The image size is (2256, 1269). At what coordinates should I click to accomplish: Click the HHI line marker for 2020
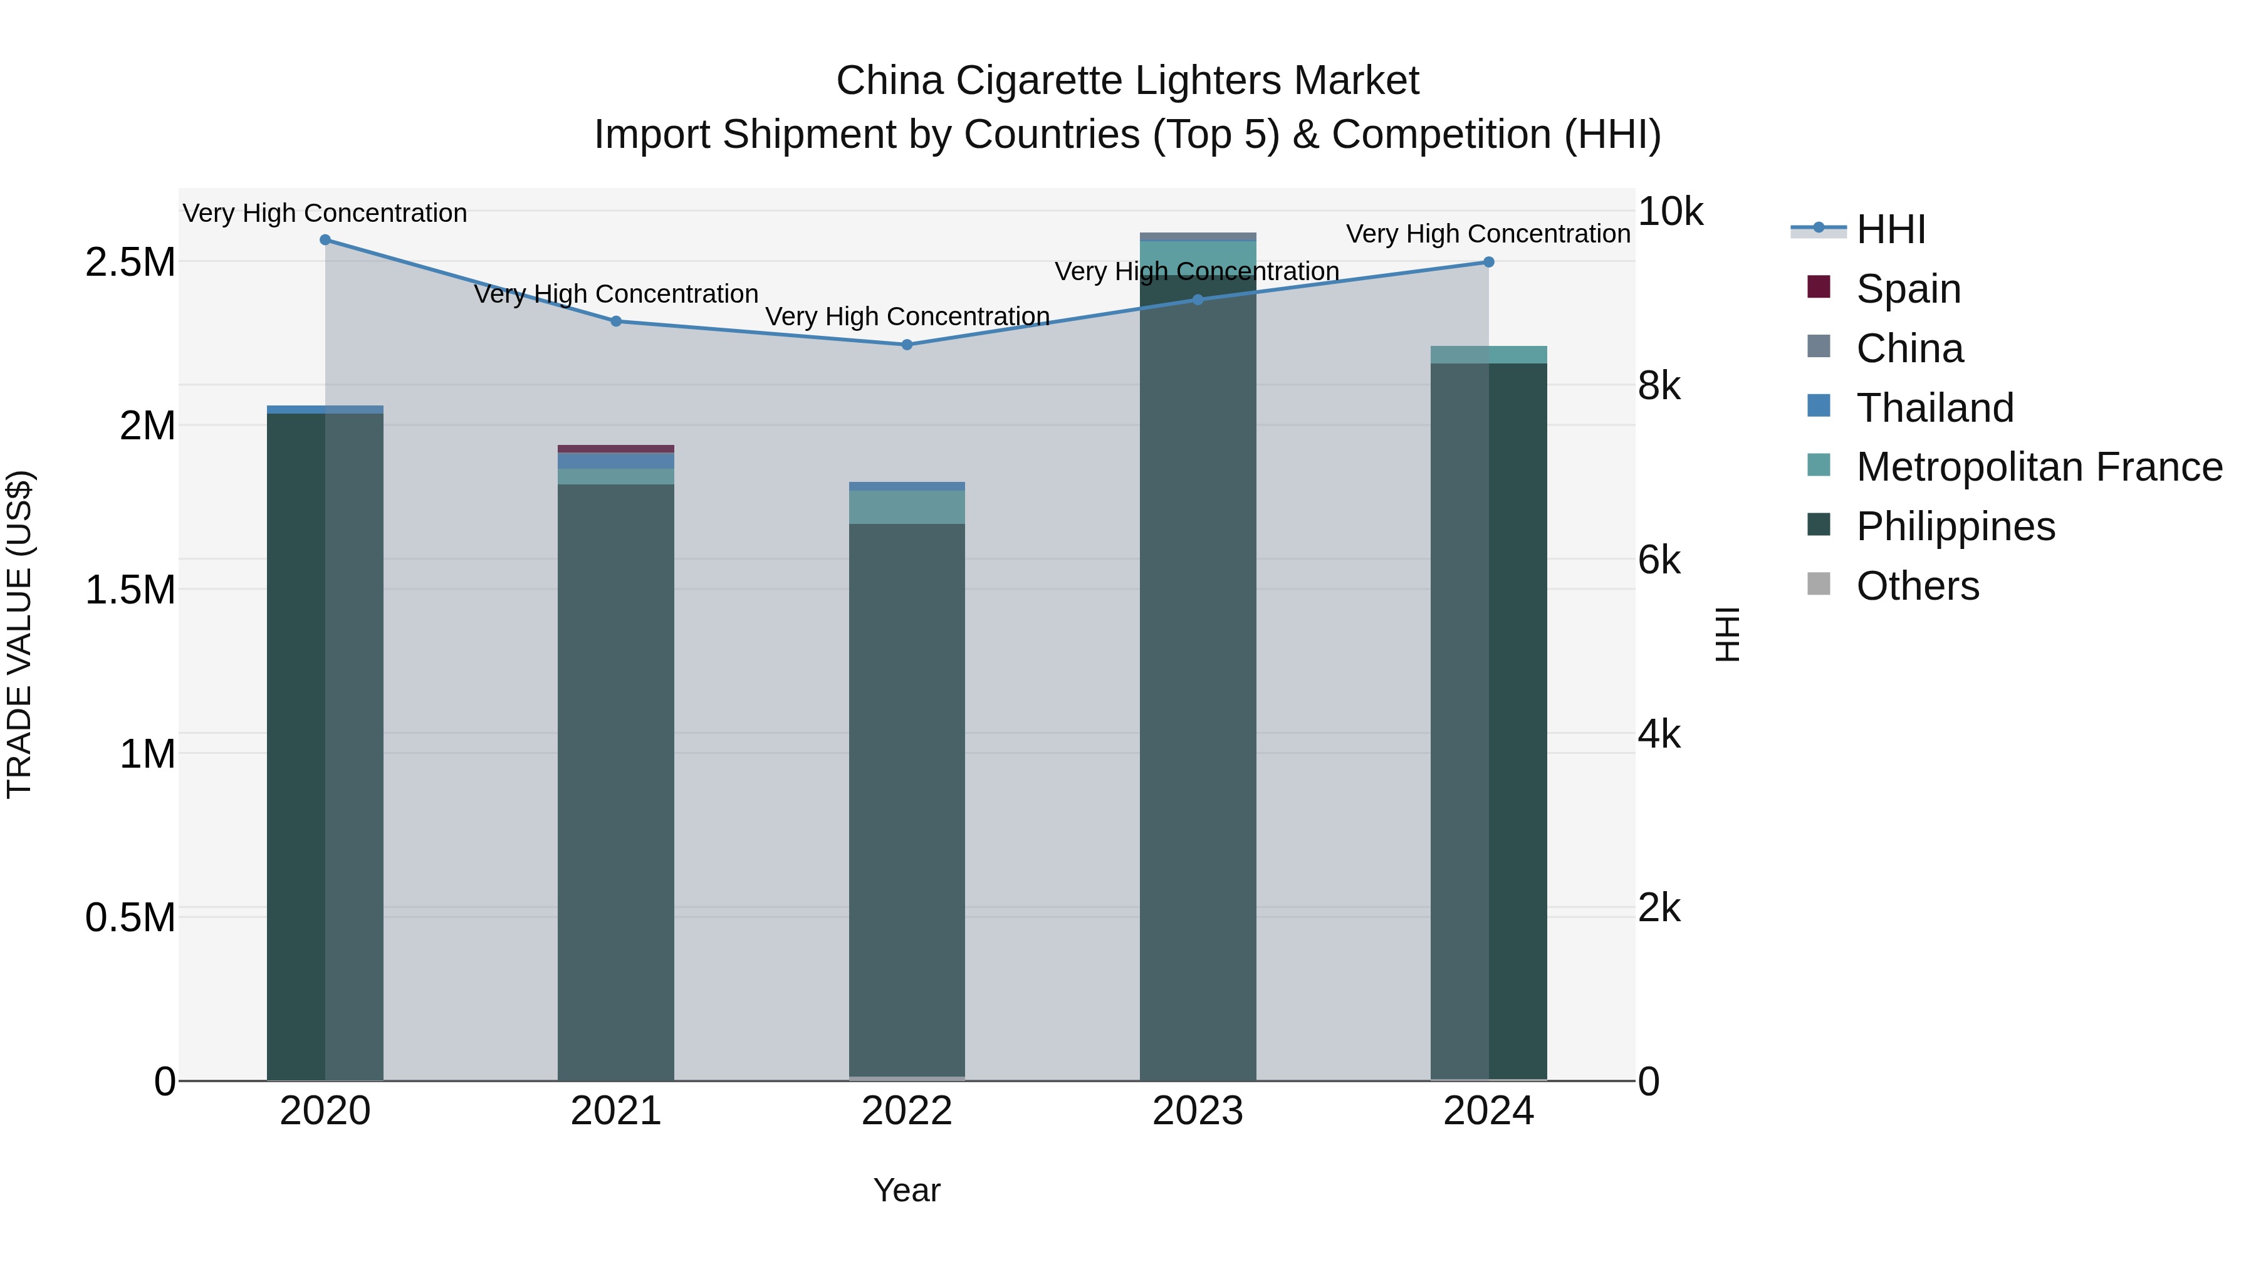(325, 240)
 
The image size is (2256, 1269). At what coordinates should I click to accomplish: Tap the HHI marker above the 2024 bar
(1488, 262)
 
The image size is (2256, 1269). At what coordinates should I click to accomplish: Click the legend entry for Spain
(1908, 289)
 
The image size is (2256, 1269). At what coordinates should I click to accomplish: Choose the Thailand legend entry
(1935, 408)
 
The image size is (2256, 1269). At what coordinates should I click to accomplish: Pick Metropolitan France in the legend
(2039, 467)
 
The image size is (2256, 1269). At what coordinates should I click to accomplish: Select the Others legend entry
(1917, 586)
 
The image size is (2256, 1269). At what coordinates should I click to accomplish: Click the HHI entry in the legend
(1890, 229)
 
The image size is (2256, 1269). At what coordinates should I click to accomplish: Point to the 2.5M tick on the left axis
(130, 262)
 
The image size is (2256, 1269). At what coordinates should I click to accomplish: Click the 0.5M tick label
(130, 918)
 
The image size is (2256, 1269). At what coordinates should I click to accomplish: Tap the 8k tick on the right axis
(1659, 386)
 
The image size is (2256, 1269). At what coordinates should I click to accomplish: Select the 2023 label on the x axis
(1197, 1111)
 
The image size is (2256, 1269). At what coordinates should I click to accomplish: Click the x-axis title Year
(906, 1190)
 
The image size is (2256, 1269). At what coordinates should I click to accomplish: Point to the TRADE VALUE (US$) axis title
(19, 634)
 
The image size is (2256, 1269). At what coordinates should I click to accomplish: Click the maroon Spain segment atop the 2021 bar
(615, 449)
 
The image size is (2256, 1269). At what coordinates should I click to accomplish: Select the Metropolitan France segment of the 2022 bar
(906, 507)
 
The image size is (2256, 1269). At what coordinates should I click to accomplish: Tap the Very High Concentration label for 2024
(1488, 234)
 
